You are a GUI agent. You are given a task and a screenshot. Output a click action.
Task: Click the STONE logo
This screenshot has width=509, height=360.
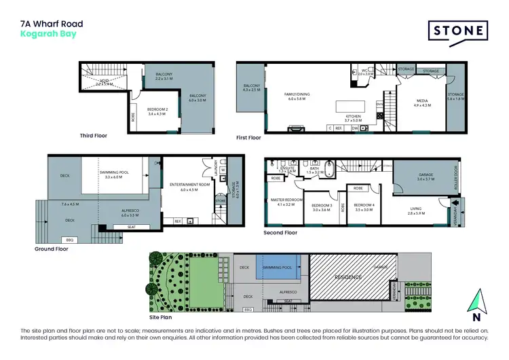(458, 31)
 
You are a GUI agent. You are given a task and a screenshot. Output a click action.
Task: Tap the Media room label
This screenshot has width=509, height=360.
(423, 103)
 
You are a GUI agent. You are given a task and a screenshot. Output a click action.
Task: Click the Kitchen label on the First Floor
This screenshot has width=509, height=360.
(354, 117)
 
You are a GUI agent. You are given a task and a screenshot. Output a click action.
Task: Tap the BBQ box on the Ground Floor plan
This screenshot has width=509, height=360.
(69, 240)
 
